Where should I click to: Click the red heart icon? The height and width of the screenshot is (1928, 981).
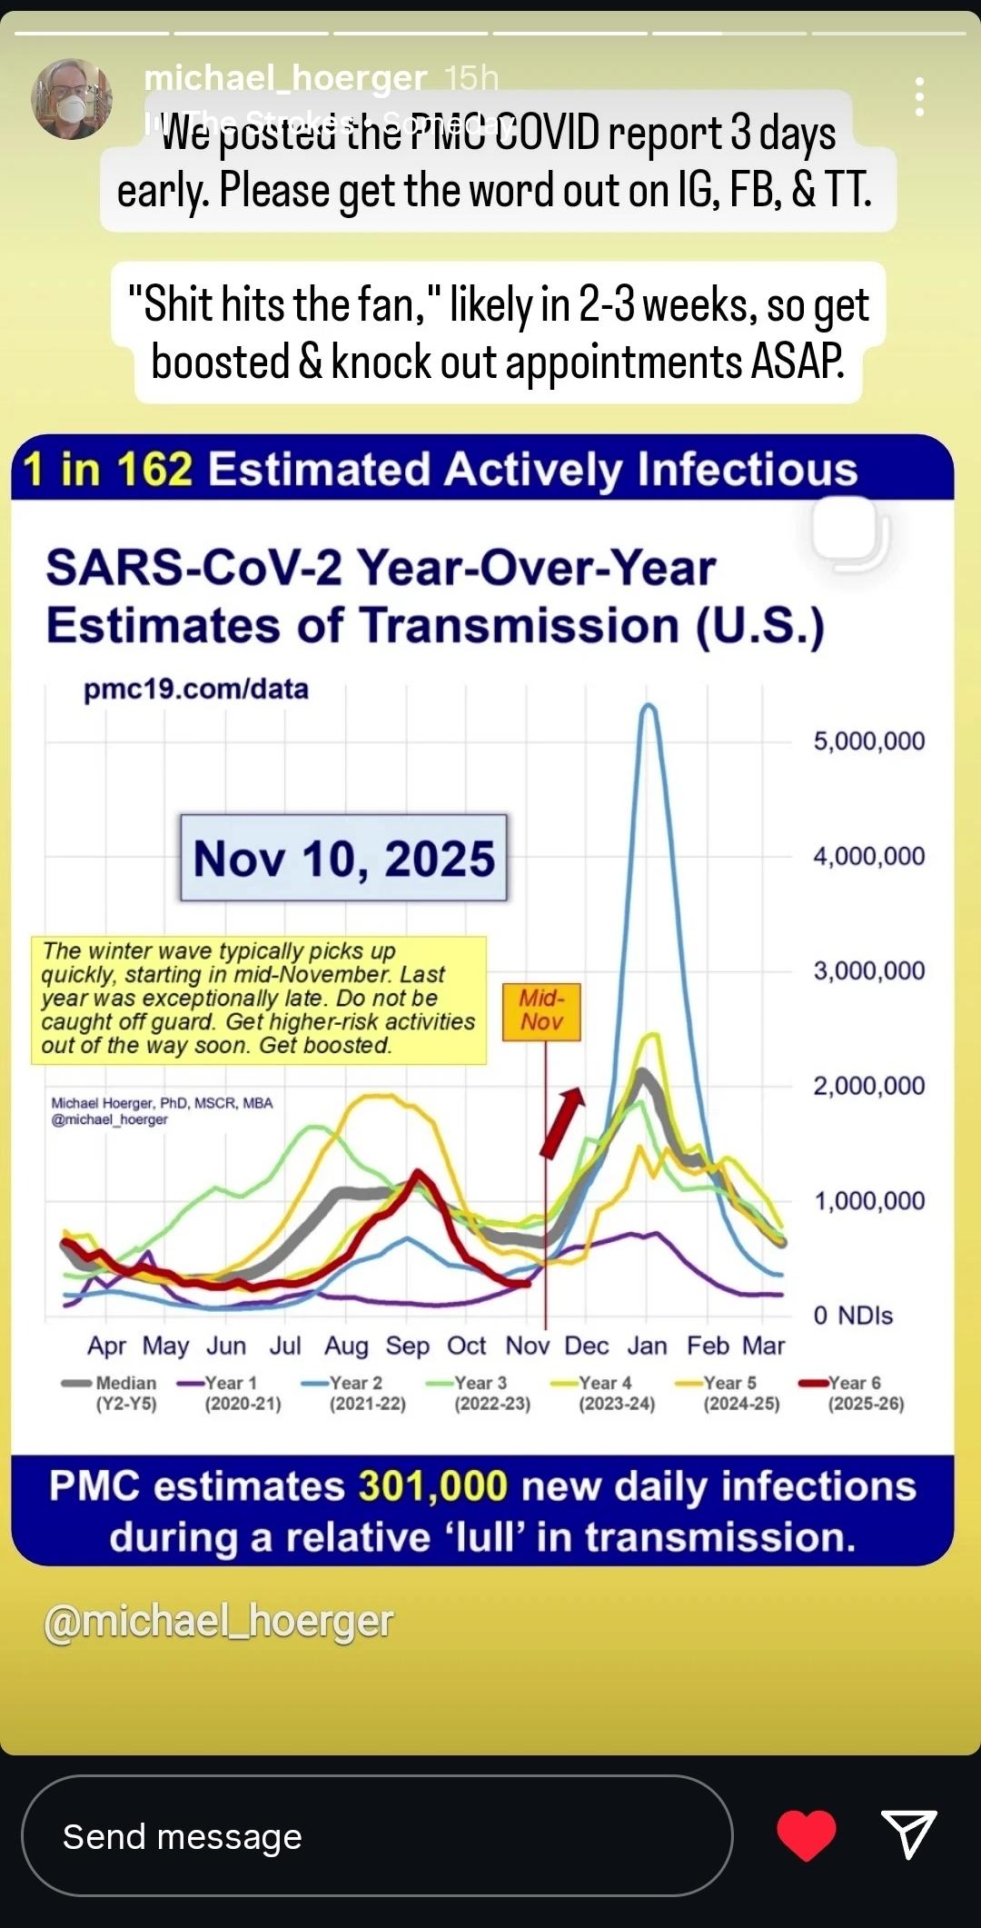(807, 1834)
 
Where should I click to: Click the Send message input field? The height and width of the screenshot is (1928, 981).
(376, 1836)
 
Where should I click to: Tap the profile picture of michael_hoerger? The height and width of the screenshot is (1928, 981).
(72, 99)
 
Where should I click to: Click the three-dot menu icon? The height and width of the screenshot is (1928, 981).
(920, 96)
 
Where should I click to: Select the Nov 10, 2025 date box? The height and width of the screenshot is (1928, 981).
(343, 858)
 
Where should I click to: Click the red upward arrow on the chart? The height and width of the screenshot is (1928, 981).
(563, 1122)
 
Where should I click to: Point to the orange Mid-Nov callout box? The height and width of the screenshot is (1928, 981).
(541, 1010)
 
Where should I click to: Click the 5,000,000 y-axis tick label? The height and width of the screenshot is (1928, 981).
(868, 741)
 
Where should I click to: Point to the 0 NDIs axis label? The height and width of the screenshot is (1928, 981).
(853, 1316)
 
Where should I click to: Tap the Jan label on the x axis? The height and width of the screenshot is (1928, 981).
(647, 1346)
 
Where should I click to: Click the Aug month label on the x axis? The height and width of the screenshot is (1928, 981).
(346, 1346)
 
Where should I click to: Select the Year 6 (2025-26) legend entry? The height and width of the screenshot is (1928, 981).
(853, 1393)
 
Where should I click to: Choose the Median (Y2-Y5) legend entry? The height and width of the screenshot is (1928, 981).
(111, 1393)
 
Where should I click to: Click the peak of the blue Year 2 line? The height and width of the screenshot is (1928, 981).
(649, 709)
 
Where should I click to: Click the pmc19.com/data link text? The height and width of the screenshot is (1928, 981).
(196, 690)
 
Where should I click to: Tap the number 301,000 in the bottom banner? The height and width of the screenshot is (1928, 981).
(432, 1486)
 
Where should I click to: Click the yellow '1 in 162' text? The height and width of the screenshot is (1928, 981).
(108, 470)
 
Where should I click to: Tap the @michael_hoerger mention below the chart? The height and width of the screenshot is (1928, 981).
(219, 1622)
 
